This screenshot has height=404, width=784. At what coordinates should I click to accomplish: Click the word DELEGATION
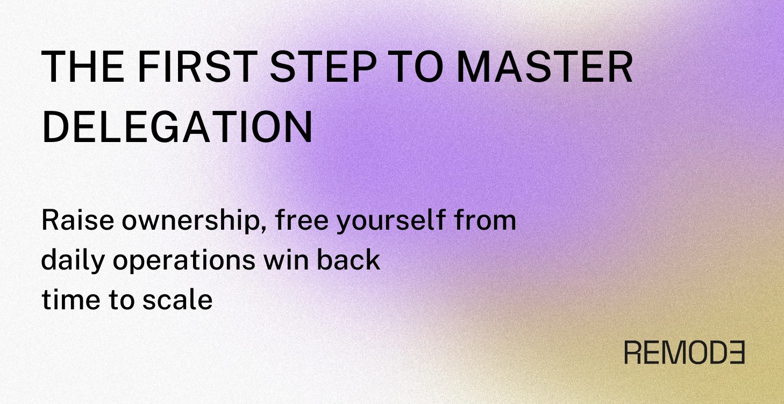(177, 128)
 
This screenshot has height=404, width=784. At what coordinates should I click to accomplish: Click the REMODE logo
(684, 352)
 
